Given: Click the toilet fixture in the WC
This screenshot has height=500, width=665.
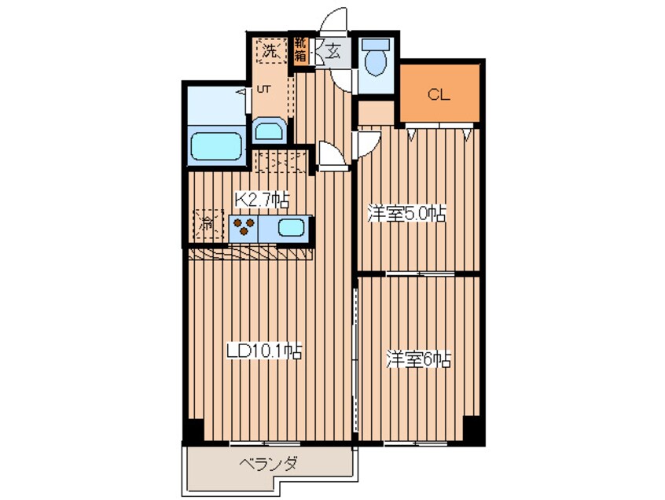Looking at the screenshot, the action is pos(376,58).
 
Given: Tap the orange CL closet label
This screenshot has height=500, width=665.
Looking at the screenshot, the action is pos(439,94).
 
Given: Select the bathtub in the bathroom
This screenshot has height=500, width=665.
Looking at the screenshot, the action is pos(216,146).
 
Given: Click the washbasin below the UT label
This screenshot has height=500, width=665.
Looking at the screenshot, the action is pos(270,131).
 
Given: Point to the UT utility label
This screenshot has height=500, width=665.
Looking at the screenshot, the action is pos(264,89).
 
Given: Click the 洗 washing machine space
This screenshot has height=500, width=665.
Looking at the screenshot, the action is pos(271,51).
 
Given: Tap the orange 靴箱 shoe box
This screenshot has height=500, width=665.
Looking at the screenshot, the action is pos(301,50).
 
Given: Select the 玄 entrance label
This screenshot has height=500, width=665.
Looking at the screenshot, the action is pos(333,51).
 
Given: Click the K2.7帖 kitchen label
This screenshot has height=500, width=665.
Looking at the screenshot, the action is pos(263,199).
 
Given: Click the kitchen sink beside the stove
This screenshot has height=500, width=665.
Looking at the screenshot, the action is pos(292,228).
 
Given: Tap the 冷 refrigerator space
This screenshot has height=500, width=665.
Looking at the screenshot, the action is pos(208,223).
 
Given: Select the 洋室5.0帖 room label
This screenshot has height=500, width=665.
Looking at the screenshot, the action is pos(406,213).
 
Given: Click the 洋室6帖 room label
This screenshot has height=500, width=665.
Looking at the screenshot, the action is pos(418,359).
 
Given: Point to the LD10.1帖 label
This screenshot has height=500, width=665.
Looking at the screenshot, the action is pos(264,351).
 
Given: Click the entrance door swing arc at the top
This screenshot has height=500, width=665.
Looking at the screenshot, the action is pos(333,19).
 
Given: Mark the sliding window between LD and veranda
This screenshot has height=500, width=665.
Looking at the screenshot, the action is pos(265,443).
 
